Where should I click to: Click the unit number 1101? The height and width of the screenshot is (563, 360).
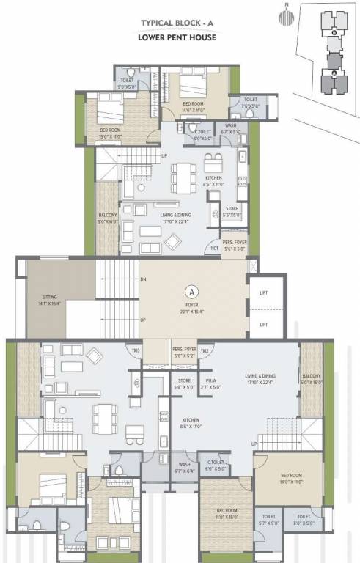(214, 248)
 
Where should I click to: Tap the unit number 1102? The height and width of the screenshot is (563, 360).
(205, 351)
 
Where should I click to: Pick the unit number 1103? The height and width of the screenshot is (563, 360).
(136, 351)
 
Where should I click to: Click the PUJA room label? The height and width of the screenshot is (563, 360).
(210, 384)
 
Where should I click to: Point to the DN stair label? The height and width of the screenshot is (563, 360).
(143, 279)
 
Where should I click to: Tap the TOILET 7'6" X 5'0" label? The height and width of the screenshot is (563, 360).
(251, 103)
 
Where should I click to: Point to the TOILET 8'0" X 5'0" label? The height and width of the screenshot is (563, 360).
(304, 520)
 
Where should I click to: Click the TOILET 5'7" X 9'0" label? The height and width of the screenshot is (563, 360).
(268, 520)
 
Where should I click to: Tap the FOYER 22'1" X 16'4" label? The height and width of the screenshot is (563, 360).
(192, 308)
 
